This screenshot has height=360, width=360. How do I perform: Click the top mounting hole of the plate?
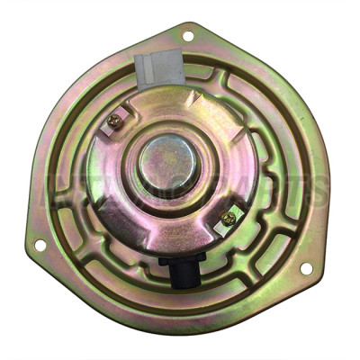pos(188,36)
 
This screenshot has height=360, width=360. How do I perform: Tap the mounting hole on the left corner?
pos(40,244)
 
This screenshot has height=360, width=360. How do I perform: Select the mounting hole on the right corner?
pos(305,267)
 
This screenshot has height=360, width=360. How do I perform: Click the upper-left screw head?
pos(114,120)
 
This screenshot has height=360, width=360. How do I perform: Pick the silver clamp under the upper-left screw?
pos(112,126)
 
